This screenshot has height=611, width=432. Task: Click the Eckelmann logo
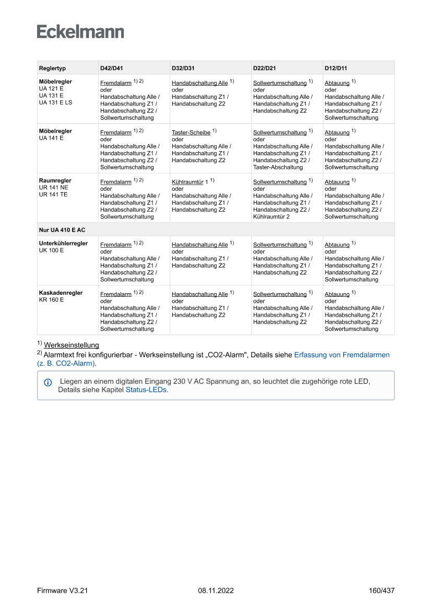(80, 31)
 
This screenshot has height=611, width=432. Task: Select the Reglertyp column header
(52, 68)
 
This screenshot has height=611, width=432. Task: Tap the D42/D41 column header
(111, 68)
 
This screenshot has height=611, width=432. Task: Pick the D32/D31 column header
(183, 68)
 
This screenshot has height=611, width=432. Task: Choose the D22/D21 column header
(264, 68)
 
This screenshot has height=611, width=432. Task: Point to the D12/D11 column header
(336, 68)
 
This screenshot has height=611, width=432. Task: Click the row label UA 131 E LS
(55, 102)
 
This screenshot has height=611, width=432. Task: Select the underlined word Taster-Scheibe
(191, 133)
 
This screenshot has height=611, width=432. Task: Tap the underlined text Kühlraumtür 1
(190, 182)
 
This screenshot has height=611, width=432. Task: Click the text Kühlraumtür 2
(271, 216)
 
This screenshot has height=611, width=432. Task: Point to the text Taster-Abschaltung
(274, 167)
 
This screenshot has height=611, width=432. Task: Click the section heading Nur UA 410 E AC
(62, 230)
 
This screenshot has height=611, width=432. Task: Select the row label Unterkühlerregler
(63, 244)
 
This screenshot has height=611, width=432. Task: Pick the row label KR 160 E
(51, 300)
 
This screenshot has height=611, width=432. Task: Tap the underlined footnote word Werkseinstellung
(72, 345)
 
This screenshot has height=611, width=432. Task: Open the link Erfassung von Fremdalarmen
(342, 354)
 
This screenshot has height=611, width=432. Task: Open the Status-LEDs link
(146, 390)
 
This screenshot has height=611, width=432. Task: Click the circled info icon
(48, 382)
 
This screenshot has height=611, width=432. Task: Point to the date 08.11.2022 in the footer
(216, 591)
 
